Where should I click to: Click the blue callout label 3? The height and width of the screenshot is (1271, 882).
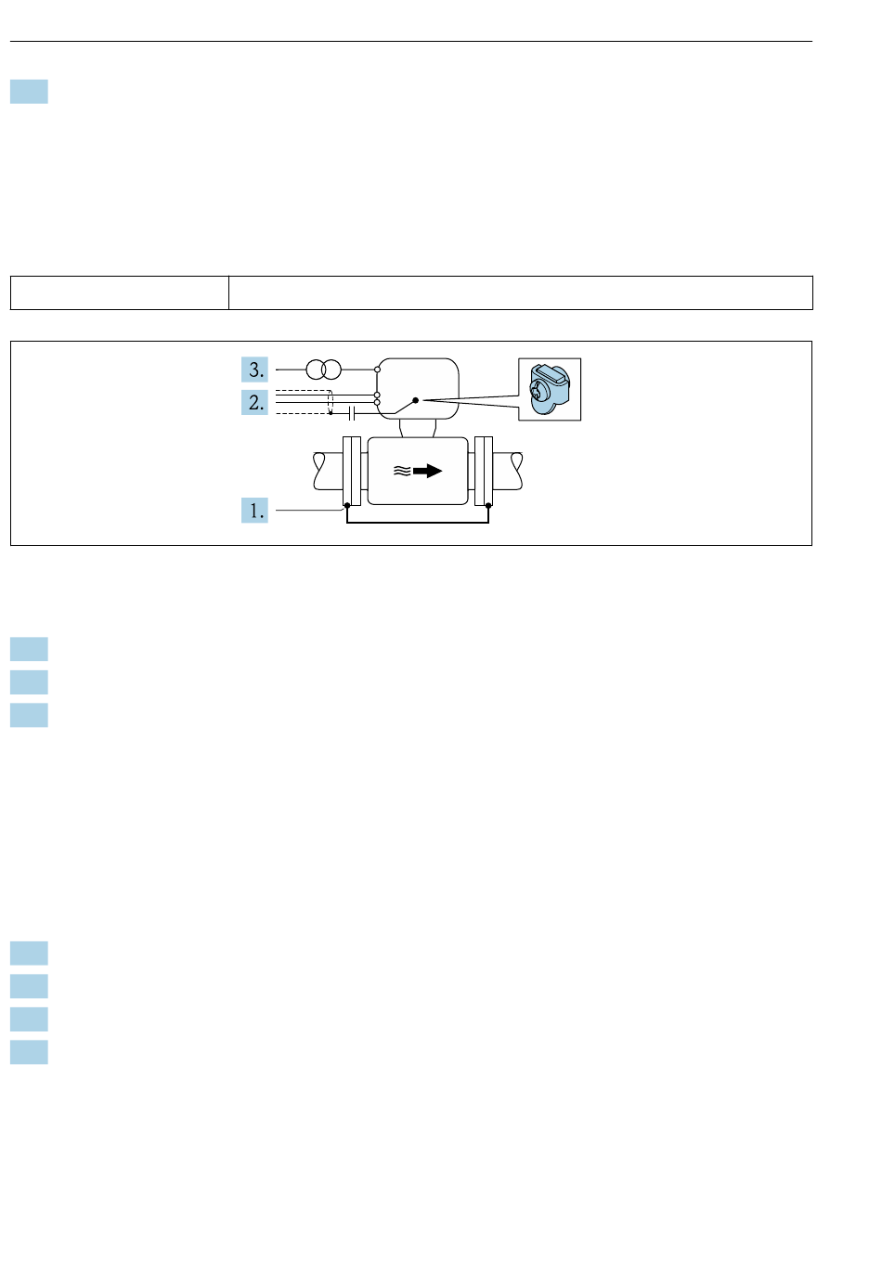pyautogui.click(x=254, y=370)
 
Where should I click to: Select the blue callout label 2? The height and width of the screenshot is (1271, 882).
pyautogui.click(x=254, y=402)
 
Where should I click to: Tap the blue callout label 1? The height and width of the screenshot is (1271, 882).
pyautogui.click(x=254, y=510)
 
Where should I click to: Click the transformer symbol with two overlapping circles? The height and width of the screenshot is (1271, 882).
pyautogui.click(x=323, y=370)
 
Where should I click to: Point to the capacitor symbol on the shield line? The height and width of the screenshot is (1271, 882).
pyautogui.click(x=352, y=414)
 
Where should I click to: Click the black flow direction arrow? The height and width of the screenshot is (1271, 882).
pyautogui.click(x=427, y=471)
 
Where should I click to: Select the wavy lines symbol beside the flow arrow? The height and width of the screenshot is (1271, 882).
pyautogui.click(x=402, y=471)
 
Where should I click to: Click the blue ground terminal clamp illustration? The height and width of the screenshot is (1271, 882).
pyautogui.click(x=549, y=389)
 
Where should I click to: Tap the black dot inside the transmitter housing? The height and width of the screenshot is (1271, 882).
pyautogui.click(x=415, y=400)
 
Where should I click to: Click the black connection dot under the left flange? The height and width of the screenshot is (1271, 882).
pyautogui.click(x=347, y=505)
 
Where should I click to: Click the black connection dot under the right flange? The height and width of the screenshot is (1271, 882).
pyautogui.click(x=488, y=505)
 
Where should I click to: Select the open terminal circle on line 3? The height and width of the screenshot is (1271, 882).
pyautogui.click(x=378, y=370)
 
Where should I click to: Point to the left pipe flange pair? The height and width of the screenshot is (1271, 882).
pyautogui.click(x=352, y=471)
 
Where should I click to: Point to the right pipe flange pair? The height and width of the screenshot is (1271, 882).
pyautogui.click(x=484, y=471)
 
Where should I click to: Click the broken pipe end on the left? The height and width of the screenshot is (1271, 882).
pyautogui.click(x=319, y=471)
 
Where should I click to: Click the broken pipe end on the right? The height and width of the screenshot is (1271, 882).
pyautogui.click(x=516, y=471)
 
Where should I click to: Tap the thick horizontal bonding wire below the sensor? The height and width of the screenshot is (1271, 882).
pyautogui.click(x=418, y=522)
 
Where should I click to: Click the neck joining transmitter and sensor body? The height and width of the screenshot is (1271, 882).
pyautogui.click(x=418, y=428)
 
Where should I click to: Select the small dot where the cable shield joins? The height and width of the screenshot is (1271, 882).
pyautogui.click(x=331, y=414)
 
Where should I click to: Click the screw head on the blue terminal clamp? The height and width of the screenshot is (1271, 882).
pyautogui.click(x=537, y=390)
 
